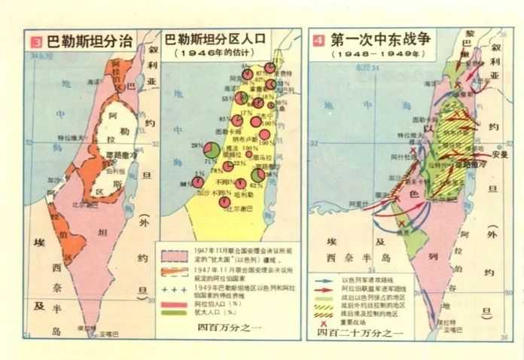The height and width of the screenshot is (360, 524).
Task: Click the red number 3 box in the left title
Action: coord(33,40)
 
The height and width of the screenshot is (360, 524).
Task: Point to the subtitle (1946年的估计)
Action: coord(218,54)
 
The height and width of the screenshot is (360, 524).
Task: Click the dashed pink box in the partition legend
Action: coord(172,252)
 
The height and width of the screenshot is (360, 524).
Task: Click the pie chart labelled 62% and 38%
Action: coord(257,178)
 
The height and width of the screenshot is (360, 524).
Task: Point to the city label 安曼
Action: coord(498,154)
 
